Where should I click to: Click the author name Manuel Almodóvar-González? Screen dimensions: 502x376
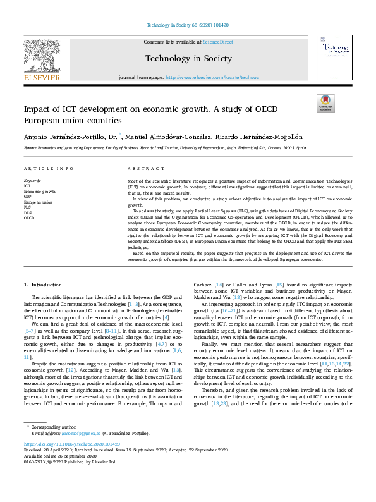(x=169, y=137)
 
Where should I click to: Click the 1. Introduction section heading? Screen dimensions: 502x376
(x=42, y=286)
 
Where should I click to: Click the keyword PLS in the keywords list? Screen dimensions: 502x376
(x=27, y=207)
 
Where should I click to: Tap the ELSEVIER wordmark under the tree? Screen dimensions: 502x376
(x=42, y=77)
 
